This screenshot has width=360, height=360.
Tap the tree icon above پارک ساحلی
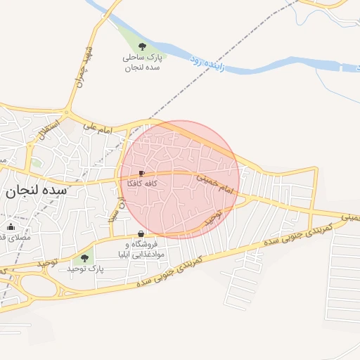pyautogui.click(x=143, y=46)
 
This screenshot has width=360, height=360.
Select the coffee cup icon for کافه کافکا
pyautogui.click(x=141, y=173)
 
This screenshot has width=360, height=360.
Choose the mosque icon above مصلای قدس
pyautogui.click(x=11, y=226)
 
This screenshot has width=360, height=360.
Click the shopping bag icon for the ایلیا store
pyautogui.click(x=141, y=234)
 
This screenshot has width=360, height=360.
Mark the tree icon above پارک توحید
pyautogui.click(x=85, y=258)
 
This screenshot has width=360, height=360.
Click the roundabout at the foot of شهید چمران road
pyautogui.click(x=67, y=112)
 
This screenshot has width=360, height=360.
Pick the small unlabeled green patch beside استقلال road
pyautogui.click(x=36, y=162)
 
